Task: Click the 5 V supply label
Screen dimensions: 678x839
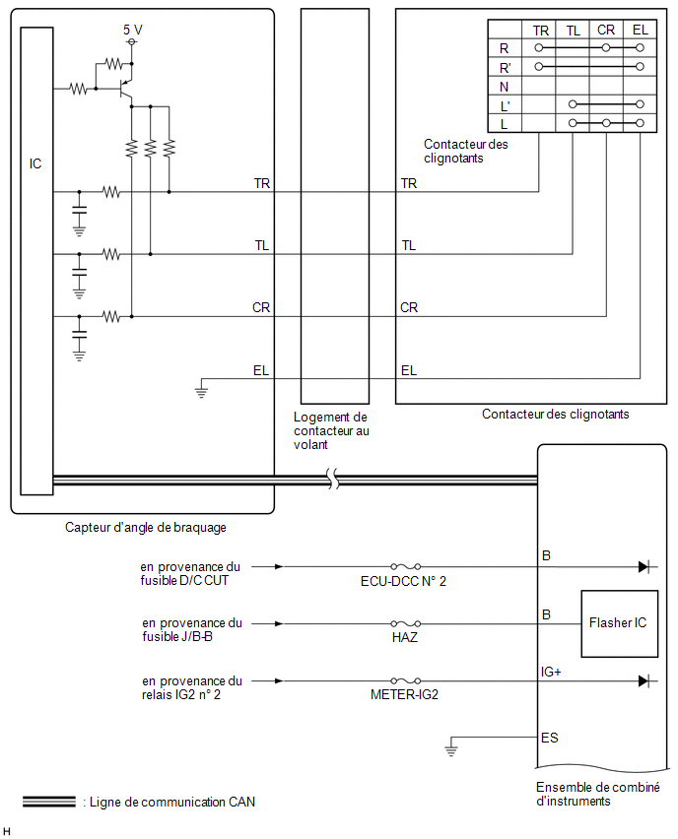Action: pyautogui.click(x=132, y=30)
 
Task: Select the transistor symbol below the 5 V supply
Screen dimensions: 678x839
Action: pyautogui.click(x=126, y=90)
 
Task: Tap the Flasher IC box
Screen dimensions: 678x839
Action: pyautogui.click(x=619, y=623)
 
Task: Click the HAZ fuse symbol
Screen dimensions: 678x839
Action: pyautogui.click(x=405, y=623)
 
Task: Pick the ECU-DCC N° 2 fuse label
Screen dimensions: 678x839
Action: pyautogui.click(x=403, y=582)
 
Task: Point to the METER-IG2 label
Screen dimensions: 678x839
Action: pyautogui.click(x=404, y=694)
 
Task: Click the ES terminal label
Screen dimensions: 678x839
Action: pyautogui.click(x=550, y=738)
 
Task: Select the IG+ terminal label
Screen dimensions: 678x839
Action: pyautogui.click(x=551, y=672)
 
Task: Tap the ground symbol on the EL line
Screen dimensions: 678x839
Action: pyautogui.click(x=201, y=390)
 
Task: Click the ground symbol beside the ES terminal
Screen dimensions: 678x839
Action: pyautogui.click(x=451, y=747)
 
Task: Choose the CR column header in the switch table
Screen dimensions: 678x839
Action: pyautogui.click(x=606, y=30)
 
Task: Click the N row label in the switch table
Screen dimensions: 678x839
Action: pyautogui.click(x=504, y=87)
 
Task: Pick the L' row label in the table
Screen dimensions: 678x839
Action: pyautogui.click(x=505, y=106)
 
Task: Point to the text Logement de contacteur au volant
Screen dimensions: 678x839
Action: pyautogui.click(x=331, y=430)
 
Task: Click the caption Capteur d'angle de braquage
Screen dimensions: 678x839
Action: pyautogui.click(x=146, y=528)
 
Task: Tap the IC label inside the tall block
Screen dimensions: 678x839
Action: pyautogui.click(x=35, y=163)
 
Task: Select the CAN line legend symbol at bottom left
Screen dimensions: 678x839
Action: pyautogui.click(x=49, y=802)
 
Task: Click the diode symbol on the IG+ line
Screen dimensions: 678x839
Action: pyautogui.click(x=644, y=681)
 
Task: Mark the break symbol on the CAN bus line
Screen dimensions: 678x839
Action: pyautogui.click(x=333, y=479)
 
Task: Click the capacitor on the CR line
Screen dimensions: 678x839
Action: pyautogui.click(x=79, y=335)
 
